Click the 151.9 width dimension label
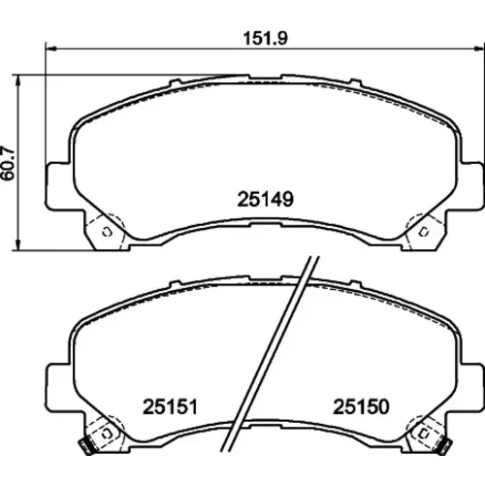pos(265,39)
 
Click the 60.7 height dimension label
pos(8,164)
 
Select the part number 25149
pos(266,199)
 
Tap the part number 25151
pos(170,406)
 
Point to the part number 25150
pos(361,406)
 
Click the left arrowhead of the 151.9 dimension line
pos(51,48)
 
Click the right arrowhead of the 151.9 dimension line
pos(479,48)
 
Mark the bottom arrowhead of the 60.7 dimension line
pos(18,244)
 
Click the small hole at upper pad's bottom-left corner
pos(107,232)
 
